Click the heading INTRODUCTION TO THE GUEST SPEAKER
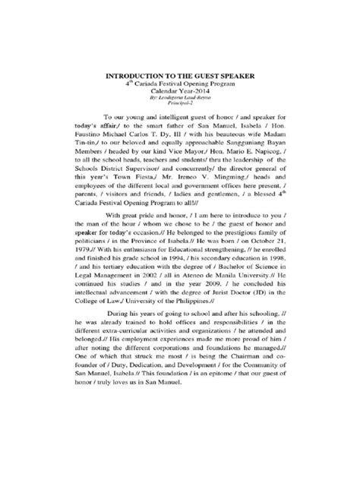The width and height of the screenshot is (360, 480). click(180, 76)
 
